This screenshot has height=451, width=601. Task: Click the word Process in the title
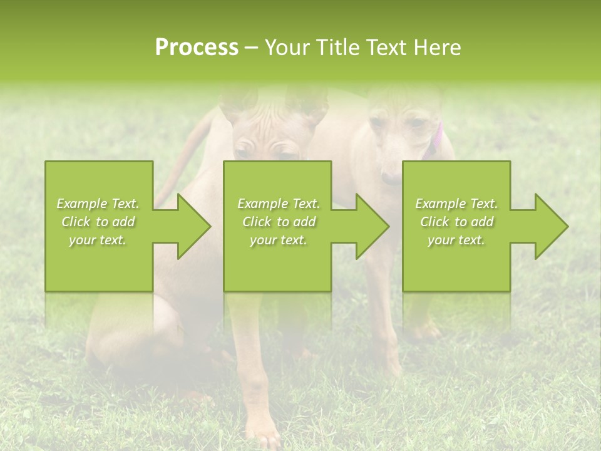tap(197, 48)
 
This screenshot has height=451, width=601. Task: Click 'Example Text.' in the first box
tap(98, 204)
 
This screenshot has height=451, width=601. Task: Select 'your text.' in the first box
tap(98, 240)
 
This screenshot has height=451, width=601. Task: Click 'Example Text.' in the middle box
tap(279, 204)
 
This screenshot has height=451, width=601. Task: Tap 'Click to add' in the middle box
tap(279, 222)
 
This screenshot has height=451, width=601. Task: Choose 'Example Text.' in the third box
tap(456, 204)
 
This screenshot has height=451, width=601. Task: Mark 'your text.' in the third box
tap(456, 240)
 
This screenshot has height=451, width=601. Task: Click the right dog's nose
tap(389, 179)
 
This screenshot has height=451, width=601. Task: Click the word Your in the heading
tap(286, 48)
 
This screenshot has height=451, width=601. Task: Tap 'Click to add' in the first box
tap(98, 222)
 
